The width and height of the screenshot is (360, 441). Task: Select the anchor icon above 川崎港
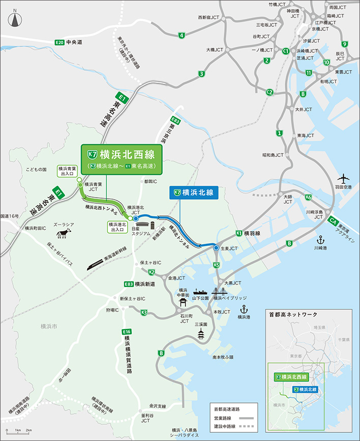[321, 239]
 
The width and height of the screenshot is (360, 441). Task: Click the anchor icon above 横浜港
[243, 308]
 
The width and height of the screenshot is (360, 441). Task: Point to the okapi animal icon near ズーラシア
[64, 233]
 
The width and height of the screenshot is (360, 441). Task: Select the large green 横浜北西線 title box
[122, 159]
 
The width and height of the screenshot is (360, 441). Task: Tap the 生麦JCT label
[229, 248]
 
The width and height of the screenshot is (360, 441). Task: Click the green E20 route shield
[59, 42]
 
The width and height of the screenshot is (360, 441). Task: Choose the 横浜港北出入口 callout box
[117, 226]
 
